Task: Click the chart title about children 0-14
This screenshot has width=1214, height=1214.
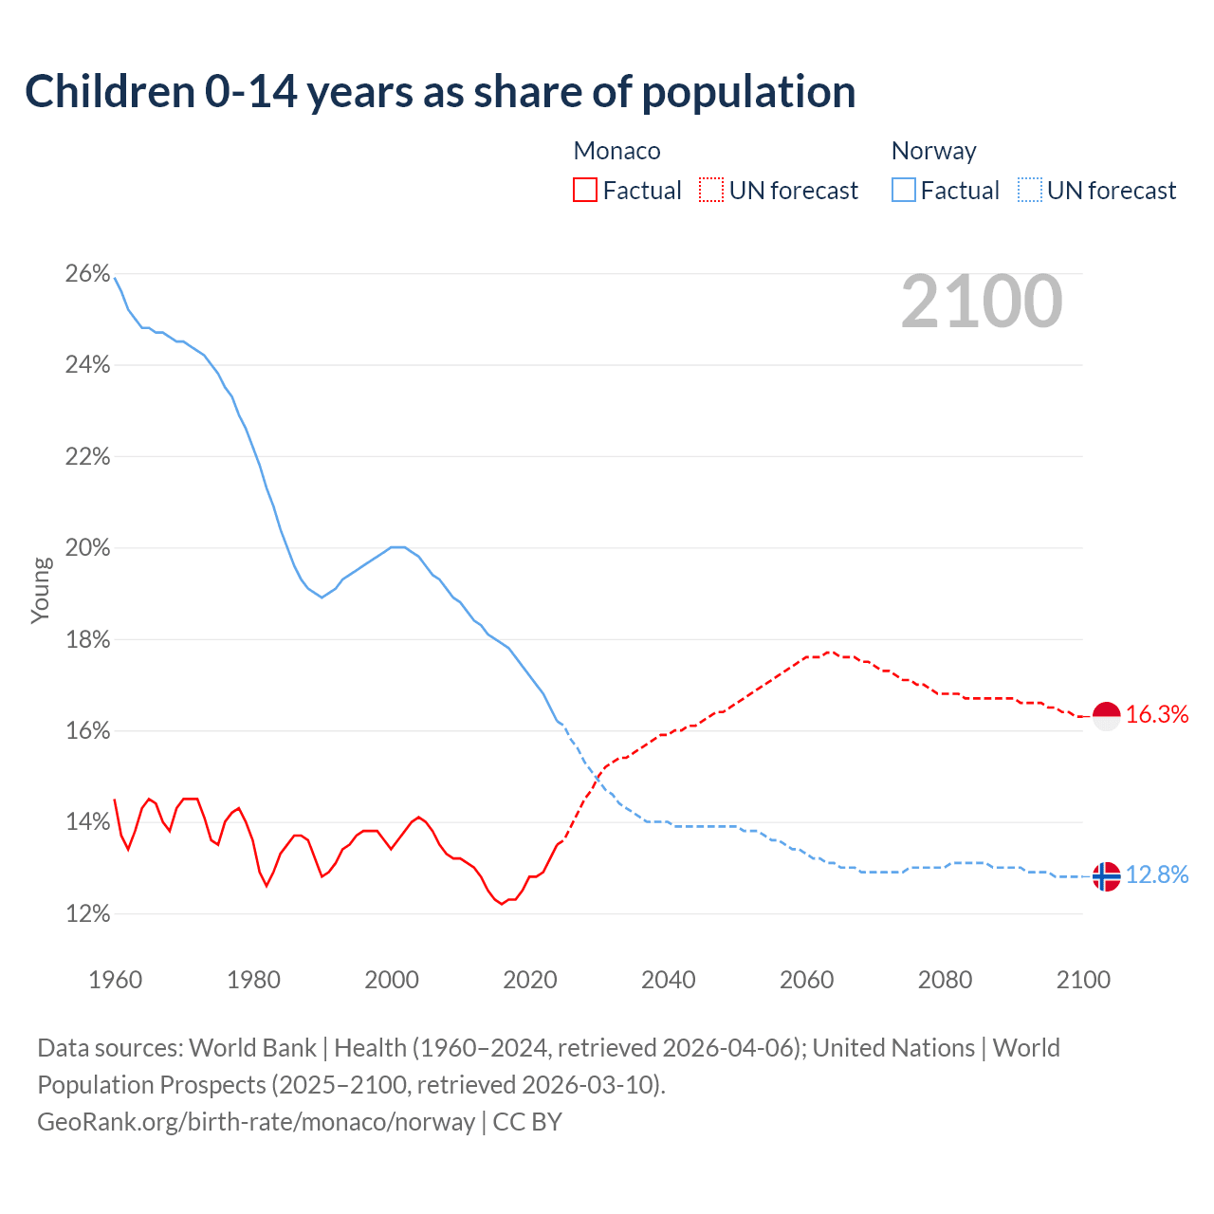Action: click(440, 92)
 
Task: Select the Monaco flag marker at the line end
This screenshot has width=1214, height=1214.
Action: click(1107, 716)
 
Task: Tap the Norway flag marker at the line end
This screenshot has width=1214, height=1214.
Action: click(1107, 876)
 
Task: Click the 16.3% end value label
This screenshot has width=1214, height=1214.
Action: click(1157, 715)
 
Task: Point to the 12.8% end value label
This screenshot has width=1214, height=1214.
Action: click(1157, 875)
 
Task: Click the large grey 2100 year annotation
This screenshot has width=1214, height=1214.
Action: click(982, 302)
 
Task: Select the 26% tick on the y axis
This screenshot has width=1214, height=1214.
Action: click(87, 274)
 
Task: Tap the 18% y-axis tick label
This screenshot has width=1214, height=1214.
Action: click(87, 640)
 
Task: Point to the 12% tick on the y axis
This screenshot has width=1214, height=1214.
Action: click(87, 914)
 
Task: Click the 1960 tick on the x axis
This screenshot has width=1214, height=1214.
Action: click(115, 980)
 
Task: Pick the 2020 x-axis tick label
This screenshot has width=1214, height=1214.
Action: click(530, 980)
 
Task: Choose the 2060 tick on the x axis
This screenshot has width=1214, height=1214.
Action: click(806, 980)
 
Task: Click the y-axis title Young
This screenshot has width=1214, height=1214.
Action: click(41, 590)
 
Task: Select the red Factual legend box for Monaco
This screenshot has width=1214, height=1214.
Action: click(585, 191)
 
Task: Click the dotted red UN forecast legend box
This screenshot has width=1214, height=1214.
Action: click(711, 191)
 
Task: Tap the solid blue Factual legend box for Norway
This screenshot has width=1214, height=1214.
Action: click(904, 191)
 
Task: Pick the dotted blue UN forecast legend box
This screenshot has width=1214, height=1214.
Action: click(1030, 191)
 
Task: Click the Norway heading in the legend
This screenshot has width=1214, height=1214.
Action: click(933, 151)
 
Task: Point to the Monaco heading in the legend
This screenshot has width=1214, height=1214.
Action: click(616, 151)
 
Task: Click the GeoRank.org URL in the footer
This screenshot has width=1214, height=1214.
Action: click(256, 1122)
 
